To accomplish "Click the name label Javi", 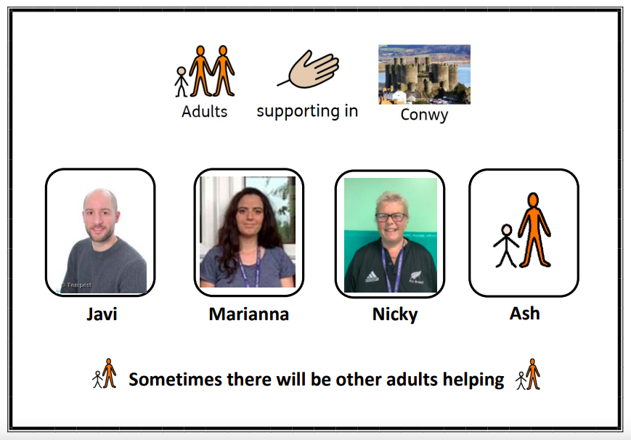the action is pyautogui.click(x=102, y=314).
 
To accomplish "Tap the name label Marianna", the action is pyautogui.click(x=249, y=314).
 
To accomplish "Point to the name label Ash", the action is pyautogui.click(x=524, y=313).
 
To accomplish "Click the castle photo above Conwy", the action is pyautogui.click(x=424, y=75).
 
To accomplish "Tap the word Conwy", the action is pyautogui.click(x=424, y=115).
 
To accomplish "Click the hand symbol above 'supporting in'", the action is pyautogui.click(x=309, y=69).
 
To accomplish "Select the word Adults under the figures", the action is pyautogui.click(x=205, y=112).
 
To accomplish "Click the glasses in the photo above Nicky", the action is pyautogui.click(x=391, y=217).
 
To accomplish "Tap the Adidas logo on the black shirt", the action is pyautogui.click(x=372, y=277).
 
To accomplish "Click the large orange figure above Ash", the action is pyautogui.click(x=534, y=230).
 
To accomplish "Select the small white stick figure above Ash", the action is pyautogui.click(x=506, y=245).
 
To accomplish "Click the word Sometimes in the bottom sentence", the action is pyautogui.click(x=175, y=379).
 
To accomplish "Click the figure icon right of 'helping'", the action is pyautogui.click(x=528, y=375).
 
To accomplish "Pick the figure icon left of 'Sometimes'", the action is pyautogui.click(x=105, y=374).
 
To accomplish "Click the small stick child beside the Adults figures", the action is pyautogui.click(x=181, y=82).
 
